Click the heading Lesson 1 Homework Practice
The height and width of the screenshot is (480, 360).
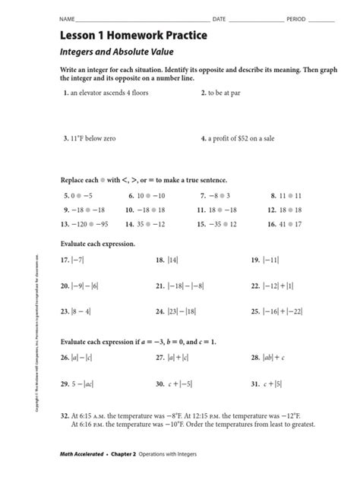pos(129,35)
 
